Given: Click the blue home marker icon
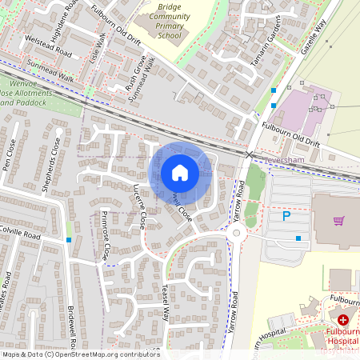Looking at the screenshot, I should (180, 173).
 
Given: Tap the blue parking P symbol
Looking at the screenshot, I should (286, 216).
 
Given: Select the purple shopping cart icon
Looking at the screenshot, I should (338, 221).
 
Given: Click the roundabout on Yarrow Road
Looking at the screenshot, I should (237, 234).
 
